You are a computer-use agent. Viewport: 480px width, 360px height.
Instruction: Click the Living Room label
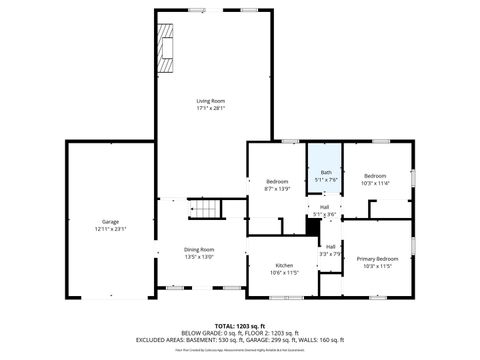tap(210, 101)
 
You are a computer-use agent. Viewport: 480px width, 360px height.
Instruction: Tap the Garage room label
tap(110, 221)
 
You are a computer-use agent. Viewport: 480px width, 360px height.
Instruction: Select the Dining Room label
tap(199, 249)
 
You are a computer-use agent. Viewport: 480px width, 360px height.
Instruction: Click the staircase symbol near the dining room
tap(204, 209)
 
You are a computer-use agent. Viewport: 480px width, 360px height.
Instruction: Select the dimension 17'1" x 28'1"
tap(210, 108)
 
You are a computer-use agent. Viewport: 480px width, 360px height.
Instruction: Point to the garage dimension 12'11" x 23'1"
tap(110, 229)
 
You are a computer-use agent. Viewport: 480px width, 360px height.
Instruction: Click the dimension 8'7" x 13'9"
tap(277, 188)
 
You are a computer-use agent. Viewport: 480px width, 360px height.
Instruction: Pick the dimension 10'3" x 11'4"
tap(376, 183)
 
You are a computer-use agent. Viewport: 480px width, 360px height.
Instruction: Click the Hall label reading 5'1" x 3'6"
tap(325, 211)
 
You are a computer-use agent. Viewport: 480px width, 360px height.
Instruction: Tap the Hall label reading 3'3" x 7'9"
tap(330, 250)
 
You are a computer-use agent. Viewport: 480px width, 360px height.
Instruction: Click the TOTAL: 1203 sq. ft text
tap(241, 325)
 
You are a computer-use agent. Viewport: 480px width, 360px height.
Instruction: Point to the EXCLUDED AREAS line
tap(241, 339)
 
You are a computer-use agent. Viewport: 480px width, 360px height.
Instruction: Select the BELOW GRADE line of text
tap(241, 332)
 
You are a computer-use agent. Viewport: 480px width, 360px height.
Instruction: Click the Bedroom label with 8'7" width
tap(277, 181)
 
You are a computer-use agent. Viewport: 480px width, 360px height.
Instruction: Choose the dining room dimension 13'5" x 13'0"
tap(199, 257)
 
